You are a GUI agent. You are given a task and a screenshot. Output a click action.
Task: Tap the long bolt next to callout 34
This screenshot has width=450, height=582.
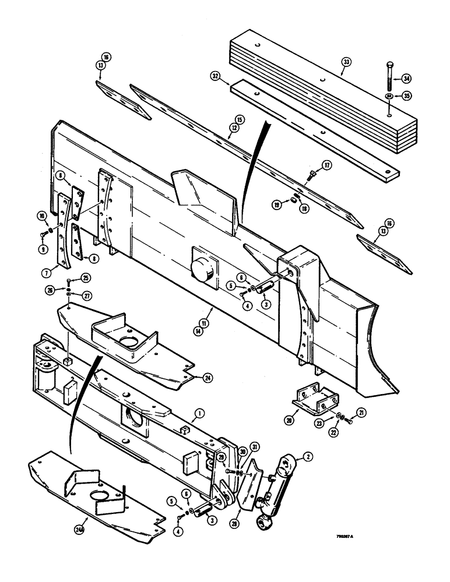pos(388,74)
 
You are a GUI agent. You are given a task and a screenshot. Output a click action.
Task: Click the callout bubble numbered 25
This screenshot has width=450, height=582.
pos(85,277)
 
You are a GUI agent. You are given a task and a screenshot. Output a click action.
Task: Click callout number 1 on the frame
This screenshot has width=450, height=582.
pos(199,413)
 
